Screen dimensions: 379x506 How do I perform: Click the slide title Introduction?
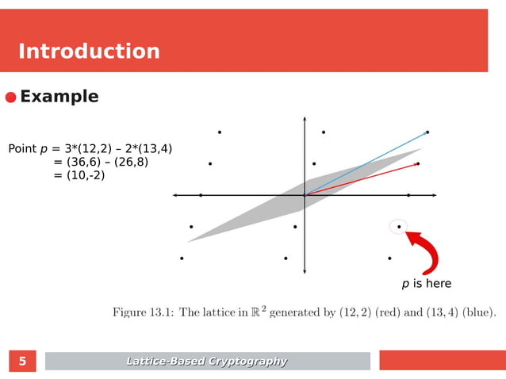click(89, 52)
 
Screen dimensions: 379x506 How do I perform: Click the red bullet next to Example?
click(10, 98)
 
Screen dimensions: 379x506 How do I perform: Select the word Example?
click(59, 97)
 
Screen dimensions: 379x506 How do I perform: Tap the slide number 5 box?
click(22, 362)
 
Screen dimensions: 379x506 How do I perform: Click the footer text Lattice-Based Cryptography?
click(207, 362)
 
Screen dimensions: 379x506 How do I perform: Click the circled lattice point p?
click(398, 227)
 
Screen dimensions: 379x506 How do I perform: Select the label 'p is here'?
click(426, 284)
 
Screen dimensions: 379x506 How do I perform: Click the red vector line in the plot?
click(365, 178)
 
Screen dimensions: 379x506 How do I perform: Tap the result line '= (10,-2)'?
click(79, 175)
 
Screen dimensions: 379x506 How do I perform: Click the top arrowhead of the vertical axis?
click(305, 120)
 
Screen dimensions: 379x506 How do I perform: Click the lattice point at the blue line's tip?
click(427, 132)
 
